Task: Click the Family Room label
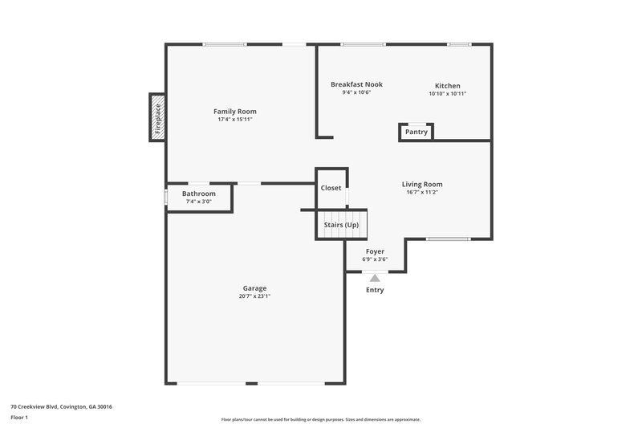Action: point(234,111)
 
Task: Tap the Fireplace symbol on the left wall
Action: point(157,117)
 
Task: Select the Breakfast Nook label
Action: point(356,84)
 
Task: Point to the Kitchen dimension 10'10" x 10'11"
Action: point(447,94)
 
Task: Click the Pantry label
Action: point(416,132)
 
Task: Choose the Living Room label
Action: point(422,184)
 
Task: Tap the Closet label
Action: point(331,188)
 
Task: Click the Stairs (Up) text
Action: point(341,225)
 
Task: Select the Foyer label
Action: point(375,251)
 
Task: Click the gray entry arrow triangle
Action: point(375,277)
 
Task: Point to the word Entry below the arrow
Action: point(375,290)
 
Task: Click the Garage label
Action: point(254,288)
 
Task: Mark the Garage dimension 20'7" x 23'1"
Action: point(254,296)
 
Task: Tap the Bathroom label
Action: point(198,194)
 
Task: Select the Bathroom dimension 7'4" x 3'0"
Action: point(198,202)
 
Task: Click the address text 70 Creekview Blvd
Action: point(61,407)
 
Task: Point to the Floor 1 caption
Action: point(20,418)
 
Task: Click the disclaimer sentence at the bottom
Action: point(320,419)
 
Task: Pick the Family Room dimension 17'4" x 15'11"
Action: point(234,120)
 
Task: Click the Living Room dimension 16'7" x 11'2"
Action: point(422,193)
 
